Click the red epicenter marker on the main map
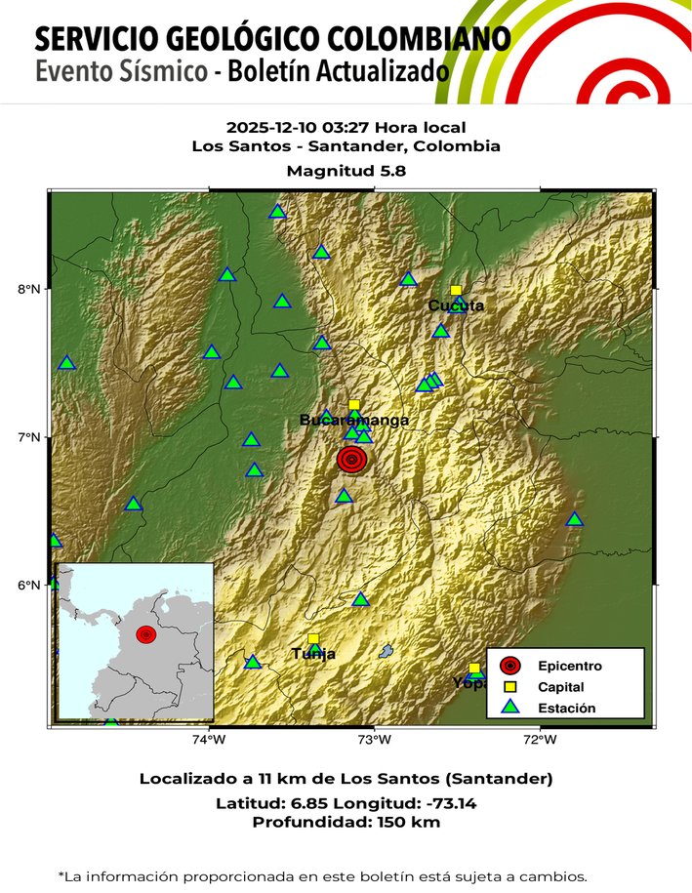352,459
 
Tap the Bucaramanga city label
353,421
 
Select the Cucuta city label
456,305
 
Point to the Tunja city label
313,654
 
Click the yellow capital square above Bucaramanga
353,405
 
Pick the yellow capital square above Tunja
313,638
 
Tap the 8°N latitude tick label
29,289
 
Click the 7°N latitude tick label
29,437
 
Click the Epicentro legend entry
569,667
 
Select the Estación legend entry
566,709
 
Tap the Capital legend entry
561,688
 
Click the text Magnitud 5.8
346,170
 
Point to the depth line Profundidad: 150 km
346,823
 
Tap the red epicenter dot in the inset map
145,634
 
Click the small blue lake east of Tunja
387,651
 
